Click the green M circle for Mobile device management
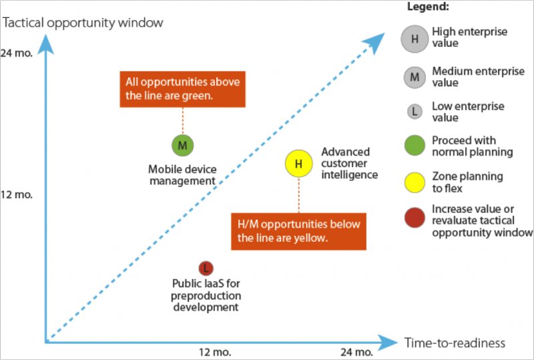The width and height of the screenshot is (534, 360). [182, 146]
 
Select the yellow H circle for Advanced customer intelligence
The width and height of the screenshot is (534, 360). [298, 164]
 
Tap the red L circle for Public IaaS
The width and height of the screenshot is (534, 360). [206, 268]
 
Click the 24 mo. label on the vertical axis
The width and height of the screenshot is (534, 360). [16, 53]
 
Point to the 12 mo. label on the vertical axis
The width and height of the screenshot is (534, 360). [16, 194]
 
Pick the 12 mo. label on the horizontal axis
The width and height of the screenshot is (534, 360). [215, 352]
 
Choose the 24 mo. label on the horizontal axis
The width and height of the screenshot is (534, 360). [356, 352]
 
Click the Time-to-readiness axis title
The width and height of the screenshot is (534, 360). [455, 343]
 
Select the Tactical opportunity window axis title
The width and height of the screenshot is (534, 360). [83, 23]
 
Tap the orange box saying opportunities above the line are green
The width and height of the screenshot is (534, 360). [182, 89]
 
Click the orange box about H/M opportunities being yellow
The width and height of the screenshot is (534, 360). [298, 232]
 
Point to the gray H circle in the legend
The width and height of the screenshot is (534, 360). [415, 39]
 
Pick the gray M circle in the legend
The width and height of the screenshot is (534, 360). [415, 77]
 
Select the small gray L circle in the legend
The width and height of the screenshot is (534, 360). [415, 111]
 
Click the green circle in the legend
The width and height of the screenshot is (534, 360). [415, 145]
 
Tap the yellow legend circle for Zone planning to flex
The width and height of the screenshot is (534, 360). [415, 182]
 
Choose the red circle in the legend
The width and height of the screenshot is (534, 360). [415, 218]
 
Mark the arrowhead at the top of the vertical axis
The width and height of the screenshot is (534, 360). [45, 43]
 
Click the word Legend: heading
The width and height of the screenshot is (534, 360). [428, 7]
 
